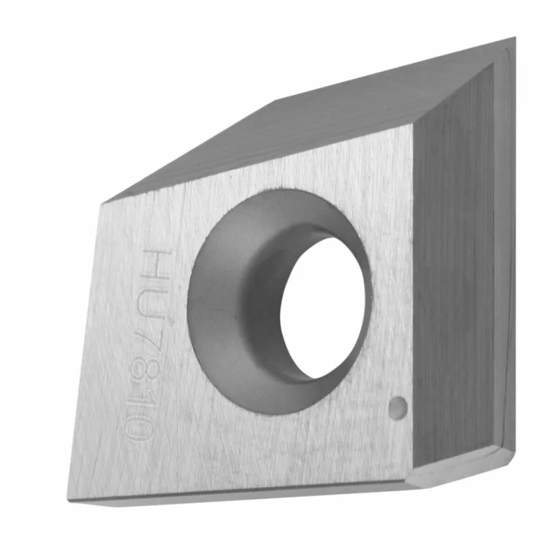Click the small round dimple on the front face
pos(398,408)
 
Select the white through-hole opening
pos(323,307)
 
